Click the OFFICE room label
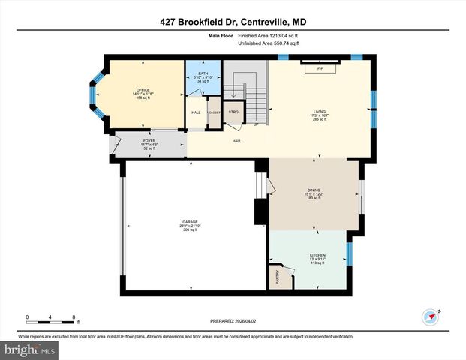point(137,88)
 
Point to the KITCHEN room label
point(317,255)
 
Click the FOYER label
point(149,140)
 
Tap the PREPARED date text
point(233,320)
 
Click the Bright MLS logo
point(29,349)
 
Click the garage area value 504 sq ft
point(190,229)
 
